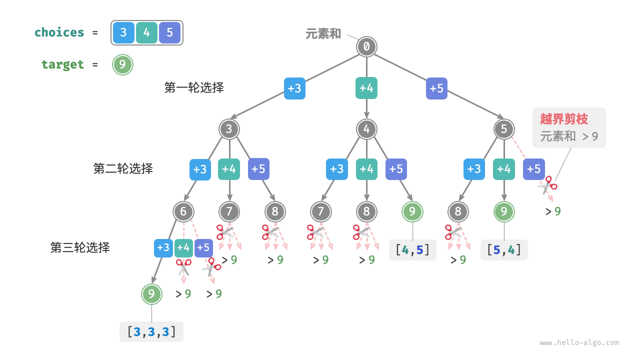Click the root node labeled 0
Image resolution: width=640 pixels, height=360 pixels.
tap(366, 47)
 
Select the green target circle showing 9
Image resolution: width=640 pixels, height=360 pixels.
tap(122, 64)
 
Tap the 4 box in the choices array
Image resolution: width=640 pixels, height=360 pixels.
tap(146, 33)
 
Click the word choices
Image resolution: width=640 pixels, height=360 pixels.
tap(59, 32)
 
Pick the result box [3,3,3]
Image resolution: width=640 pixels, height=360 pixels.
tap(151, 331)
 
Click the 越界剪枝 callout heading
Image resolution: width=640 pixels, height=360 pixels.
tap(563, 119)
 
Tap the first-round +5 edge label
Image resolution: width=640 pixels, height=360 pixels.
tap(436, 88)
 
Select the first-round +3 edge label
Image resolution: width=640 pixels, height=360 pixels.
tap(294, 88)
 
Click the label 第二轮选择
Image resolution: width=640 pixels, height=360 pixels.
tap(123, 168)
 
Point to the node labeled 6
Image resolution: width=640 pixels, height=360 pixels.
tap(183, 211)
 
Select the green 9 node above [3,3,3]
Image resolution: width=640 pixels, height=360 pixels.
tap(151, 294)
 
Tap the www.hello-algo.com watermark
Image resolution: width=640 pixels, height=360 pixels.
tap(579, 343)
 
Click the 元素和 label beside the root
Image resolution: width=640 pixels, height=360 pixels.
tap(323, 33)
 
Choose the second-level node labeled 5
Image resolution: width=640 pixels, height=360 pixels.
tap(504, 129)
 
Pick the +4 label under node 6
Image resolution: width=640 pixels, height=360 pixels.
tap(183, 247)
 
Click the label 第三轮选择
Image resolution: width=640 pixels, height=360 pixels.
tap(80, 247)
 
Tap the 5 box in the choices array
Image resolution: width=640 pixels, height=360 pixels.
tap(169, 33)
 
